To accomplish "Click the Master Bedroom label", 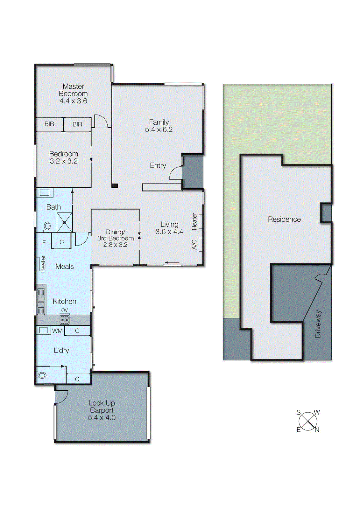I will tap(73, 90).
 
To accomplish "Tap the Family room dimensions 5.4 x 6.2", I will tap(159, 130).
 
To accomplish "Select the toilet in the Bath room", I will tap(47, 227).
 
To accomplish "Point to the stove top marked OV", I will tap(64, 319).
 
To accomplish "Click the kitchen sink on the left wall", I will tap(41, 298).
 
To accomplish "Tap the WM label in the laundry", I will tap(57, 331).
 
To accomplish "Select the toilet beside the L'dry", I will tap(42, 375).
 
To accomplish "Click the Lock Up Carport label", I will tap(102, 407).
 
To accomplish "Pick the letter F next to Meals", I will tap(44, 242).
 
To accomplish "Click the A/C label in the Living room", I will tap(194, 244).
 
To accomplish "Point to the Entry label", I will tap(158, 165).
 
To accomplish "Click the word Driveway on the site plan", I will tap(318, 324).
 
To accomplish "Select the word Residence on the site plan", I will tap(284, 219).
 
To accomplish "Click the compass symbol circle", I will tap(308, 421).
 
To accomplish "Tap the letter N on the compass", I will tap(317, 430).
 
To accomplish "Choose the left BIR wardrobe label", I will tap(49, 124).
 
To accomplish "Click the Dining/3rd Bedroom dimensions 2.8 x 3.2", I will tap(115, 245).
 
